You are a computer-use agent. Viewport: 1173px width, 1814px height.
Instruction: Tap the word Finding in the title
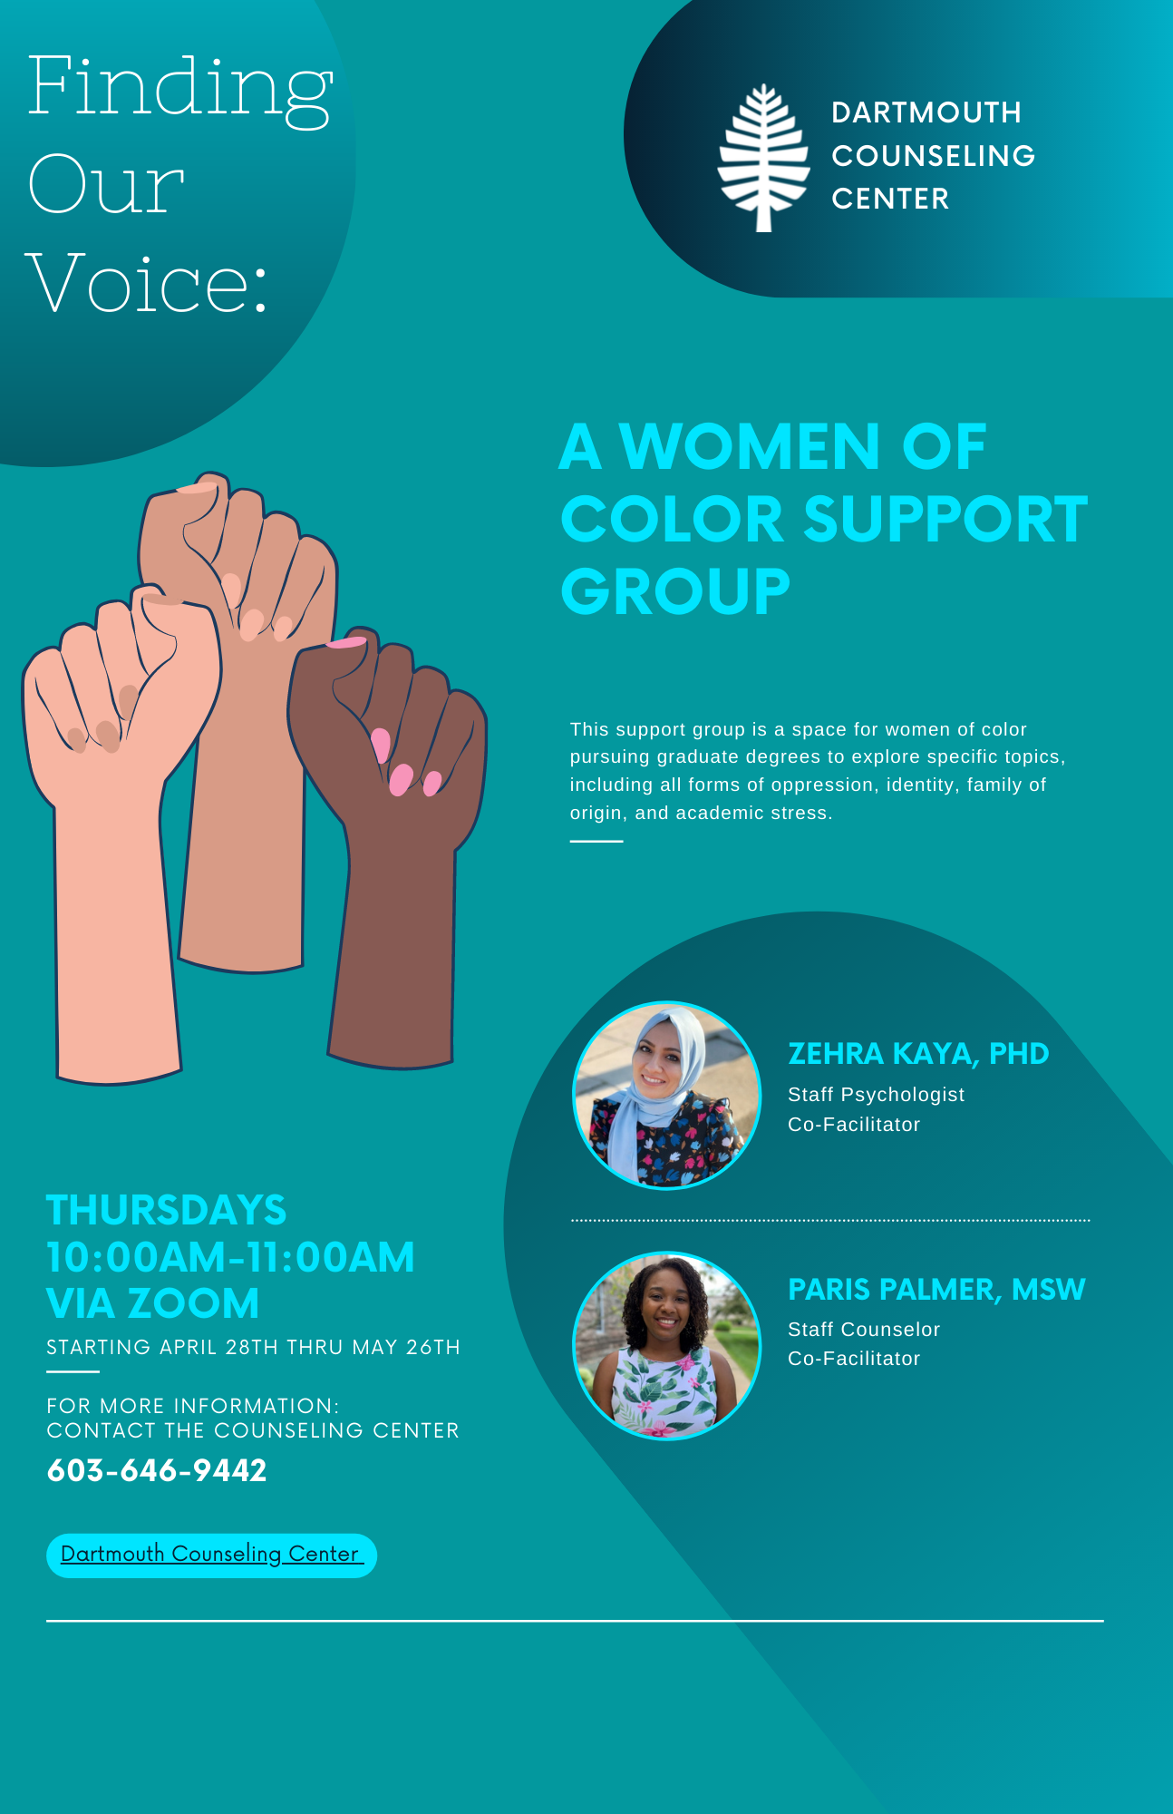coord(180,87)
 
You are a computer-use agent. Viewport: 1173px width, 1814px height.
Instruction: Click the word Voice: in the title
coord(147,283)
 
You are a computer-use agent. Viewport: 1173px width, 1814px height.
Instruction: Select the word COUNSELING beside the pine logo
coord(933,156)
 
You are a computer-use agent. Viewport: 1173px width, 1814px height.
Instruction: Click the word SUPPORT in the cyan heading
coord(945,520)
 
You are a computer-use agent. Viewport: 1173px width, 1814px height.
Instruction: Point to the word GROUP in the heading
coord(675,591)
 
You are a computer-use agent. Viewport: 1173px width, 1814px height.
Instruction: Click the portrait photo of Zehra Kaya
coord(666,1096)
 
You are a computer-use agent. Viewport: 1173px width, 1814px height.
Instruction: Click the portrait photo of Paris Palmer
coord(666,1346)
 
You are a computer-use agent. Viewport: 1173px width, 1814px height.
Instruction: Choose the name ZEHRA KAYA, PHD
coord(917,1054)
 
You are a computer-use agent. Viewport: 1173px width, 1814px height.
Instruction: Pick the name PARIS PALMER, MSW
coord(935,1290)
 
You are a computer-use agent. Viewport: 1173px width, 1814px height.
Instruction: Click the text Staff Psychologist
coord(876,1095)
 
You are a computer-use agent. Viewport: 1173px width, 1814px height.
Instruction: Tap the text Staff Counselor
coord(863,1330)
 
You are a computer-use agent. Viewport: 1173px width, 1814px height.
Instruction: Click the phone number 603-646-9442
coord(157,1470)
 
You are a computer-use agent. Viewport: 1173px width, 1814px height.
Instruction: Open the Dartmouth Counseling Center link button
coord(211,1555)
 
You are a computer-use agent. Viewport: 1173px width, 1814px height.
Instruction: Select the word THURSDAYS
coord(166,1211)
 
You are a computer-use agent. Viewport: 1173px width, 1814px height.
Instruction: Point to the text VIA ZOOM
coord(152,1304)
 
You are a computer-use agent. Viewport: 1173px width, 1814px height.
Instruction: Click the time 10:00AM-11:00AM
coord(230,1258)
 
